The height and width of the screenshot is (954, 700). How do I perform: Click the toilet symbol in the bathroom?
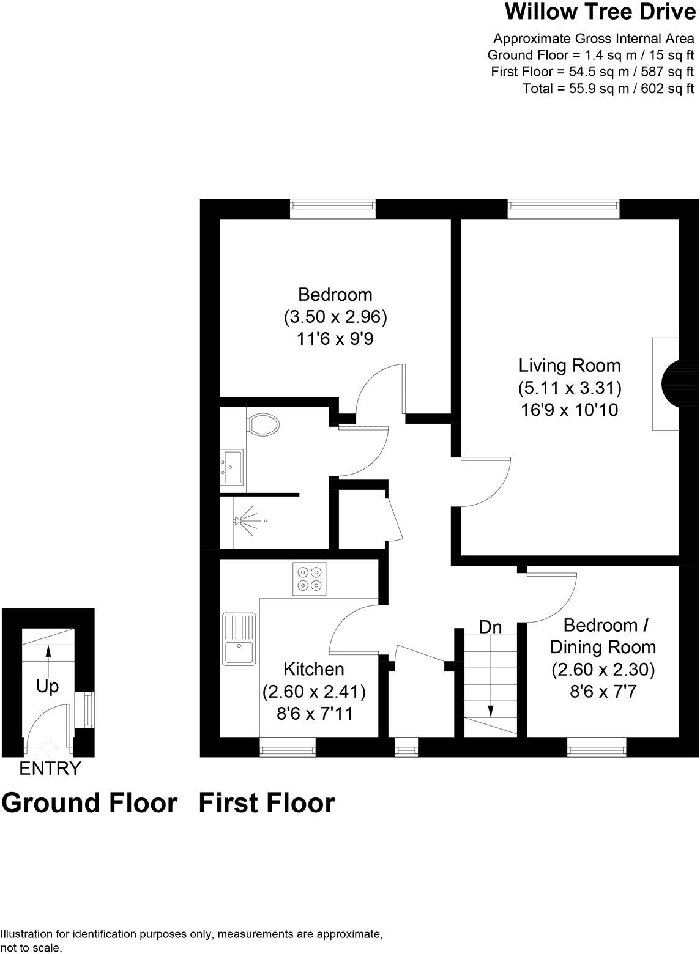(262, 424)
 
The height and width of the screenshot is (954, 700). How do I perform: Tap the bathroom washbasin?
(232, 467)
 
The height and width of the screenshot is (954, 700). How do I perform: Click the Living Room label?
(570, 366)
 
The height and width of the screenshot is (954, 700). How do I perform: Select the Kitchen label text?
(314, 669)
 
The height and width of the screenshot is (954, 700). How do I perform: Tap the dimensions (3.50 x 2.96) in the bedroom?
(335, 317)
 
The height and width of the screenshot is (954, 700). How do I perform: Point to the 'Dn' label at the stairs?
(490, 627)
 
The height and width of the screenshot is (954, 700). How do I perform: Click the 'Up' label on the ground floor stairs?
(47, 687)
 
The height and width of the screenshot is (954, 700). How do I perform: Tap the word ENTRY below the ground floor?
(50, 768)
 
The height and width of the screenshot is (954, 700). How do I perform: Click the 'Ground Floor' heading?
(89, 802)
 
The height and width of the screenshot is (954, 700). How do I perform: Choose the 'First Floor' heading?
(267, 802)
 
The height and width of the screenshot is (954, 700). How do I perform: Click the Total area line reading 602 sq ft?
(608, 89)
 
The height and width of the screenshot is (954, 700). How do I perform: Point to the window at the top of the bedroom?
(333, 209)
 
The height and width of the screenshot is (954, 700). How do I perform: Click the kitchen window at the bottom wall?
(288, 747)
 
